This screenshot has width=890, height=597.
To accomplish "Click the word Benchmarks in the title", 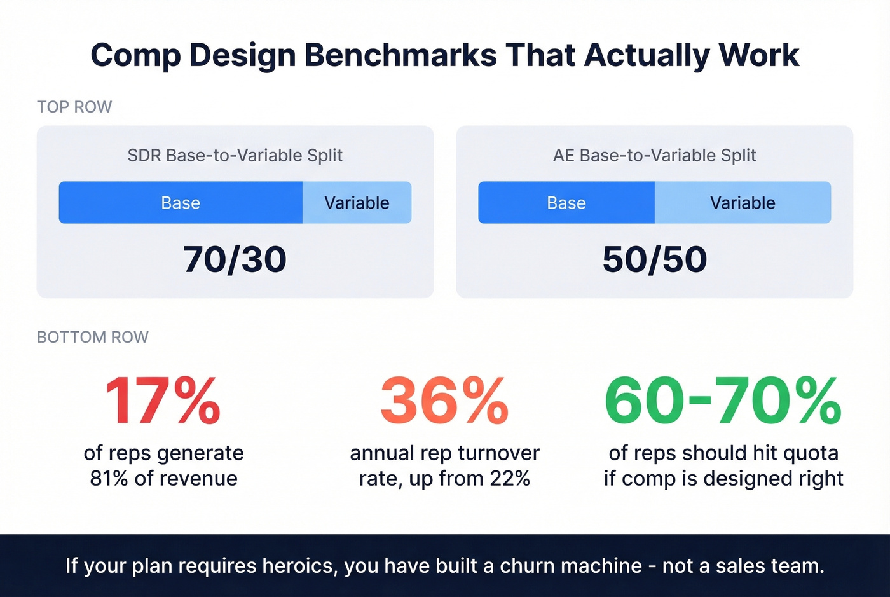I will (400, 55).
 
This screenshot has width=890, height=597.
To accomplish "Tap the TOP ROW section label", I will (74, 107).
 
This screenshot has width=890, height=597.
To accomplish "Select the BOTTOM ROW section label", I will (93, 337).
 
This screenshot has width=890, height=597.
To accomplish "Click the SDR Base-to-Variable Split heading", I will (235, 155).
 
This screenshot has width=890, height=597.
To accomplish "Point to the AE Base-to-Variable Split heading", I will (655, 155).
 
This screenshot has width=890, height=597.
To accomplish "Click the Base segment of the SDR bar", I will (181, 203).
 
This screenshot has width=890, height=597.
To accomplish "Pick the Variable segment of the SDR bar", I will (357, 203).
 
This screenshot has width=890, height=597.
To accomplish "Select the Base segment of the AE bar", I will (566, 203).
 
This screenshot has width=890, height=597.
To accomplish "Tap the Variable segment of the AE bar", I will (743, 203).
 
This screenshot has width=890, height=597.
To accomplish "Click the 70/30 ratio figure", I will (235, 259).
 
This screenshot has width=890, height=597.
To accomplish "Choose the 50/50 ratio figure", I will (655, 259).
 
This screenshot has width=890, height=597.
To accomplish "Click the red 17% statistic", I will (163, 401).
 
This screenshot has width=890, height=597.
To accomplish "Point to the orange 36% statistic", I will (444, 401).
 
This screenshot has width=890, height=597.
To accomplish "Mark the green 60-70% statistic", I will (723, 401).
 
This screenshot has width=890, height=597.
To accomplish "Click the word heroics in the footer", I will (298, 566).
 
